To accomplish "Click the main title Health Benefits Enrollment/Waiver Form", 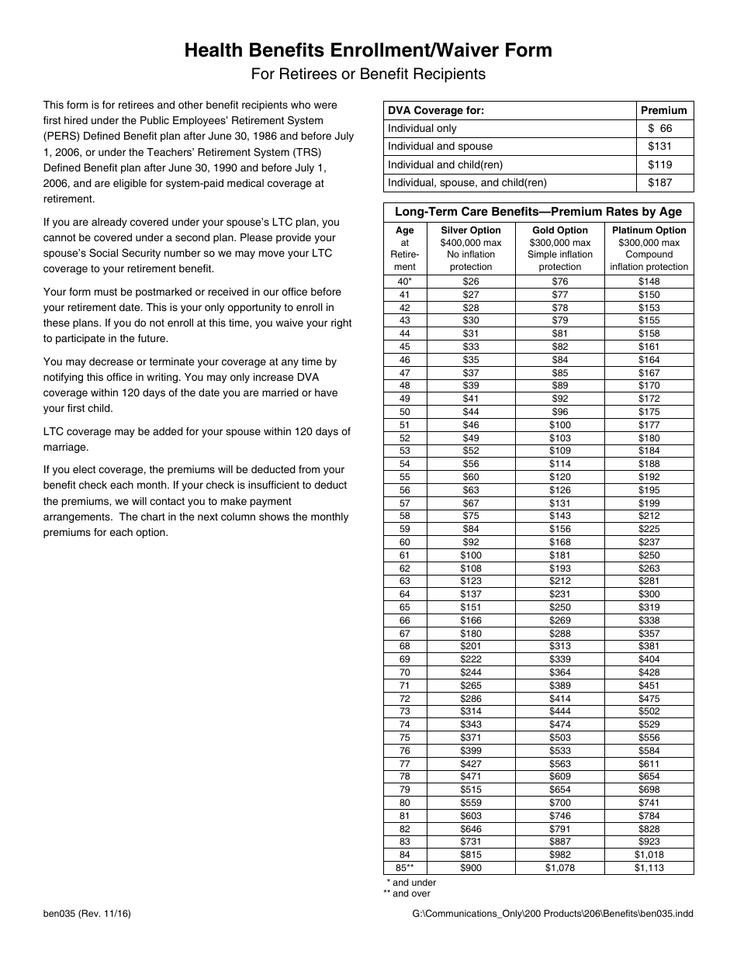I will (x=368, y=50).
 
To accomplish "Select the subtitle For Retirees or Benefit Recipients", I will (x=368, y=74).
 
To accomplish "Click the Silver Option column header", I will (x=471, y=230).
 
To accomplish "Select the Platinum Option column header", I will (x=649, y=230).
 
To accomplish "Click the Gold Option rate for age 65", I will (x=559, y=607).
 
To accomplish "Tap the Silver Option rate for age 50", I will (x=471, y=412).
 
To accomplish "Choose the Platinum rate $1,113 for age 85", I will (x=649, y=868).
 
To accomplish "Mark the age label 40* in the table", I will (x=405, y=282).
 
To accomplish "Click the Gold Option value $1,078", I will (x=559, y=868).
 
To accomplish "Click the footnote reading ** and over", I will (x=407, y=894).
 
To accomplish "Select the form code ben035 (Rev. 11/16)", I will (x=87, y=914).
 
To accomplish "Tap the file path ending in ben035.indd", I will (x=553, y=914).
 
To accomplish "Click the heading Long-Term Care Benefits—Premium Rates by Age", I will (x=538, y=212).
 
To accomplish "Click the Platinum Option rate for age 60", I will (x=649, y=542).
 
